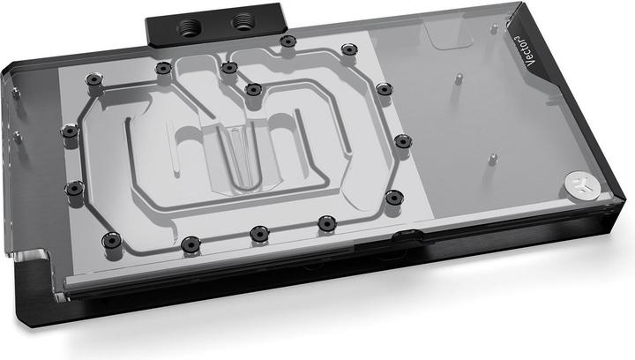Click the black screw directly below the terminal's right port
point(288,41)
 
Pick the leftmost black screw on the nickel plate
point(69,131)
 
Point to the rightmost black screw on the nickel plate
point(401,141)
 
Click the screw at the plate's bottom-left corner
point(111,238)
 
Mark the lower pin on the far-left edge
point(15,134)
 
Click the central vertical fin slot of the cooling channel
point(231,154)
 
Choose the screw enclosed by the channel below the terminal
point(253,89)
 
